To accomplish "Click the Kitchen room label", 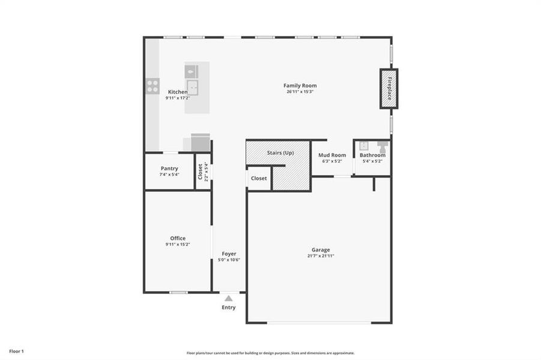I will tap(178, 92).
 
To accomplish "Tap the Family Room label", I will tap(300, 86).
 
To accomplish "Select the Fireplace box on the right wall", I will tap(388, 89).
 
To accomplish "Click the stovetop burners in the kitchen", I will tap(153, 86).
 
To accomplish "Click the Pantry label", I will tap(169, 169).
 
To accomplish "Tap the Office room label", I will tap(178, 238).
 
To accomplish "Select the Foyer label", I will tap(229, 254).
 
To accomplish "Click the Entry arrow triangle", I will tap(228, 298).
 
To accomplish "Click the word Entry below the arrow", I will tap(228, 308).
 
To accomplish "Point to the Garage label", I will tap(320, 250).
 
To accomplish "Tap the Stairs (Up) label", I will tap(280, 153).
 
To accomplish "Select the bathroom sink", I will tap(363, 145).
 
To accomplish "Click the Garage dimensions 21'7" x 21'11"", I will tap(320, 256).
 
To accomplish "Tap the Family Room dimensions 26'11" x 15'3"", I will tap(300, 92).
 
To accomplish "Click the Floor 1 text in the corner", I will tap(16, 351).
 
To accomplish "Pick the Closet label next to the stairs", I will tap(259, 178).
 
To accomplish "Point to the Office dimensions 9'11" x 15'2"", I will tap(178, 245).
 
